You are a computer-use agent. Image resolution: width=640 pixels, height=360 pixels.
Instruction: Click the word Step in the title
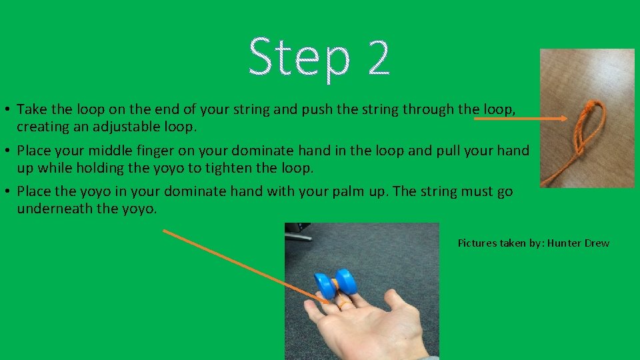tap(299, 57)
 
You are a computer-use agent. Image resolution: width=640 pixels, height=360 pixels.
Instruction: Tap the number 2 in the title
tap(377, 57)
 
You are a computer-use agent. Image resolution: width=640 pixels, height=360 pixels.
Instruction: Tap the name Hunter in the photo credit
tap(565, 243)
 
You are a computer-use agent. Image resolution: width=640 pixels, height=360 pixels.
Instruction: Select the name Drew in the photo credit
tap(597, 243)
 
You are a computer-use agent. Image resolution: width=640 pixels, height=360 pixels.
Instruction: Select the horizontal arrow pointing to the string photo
tap(520, 119)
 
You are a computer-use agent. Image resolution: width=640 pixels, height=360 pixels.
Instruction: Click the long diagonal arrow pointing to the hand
tap(247, 267)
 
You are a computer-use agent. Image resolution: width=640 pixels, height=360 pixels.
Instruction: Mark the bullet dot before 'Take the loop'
tap(7, 109)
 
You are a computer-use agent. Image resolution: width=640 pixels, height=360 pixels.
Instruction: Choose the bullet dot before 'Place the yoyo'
tap(7, 192)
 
